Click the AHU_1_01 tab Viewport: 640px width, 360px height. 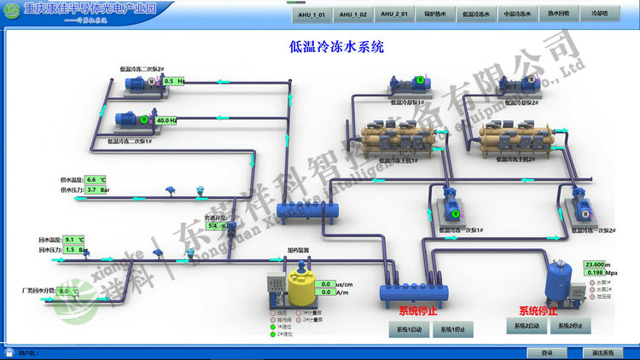(x=311, y=15)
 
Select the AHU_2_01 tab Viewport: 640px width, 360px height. (x=393, y=15)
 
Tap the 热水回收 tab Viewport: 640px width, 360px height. (x=558, y=15)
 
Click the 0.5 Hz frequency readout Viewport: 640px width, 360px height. (x=172, y=81)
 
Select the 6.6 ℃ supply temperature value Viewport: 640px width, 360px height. (x=95, y=180)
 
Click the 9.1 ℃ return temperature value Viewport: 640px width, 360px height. (x=75, y=240)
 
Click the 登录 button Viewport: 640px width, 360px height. (x=547, y=352)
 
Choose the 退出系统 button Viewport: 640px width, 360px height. (x=598, y=352)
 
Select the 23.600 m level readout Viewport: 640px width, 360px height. (x=595, y=264)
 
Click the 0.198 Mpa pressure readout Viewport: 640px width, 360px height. (x=595, y=273)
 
